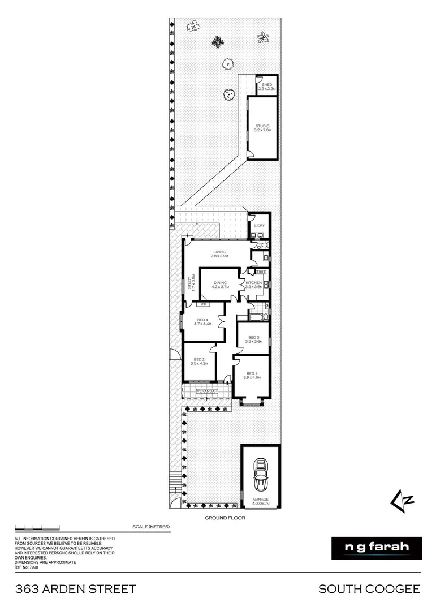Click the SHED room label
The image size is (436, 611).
tap(266, 84)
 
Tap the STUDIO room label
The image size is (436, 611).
tap(263, 126)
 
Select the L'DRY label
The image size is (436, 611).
tap(260, 226)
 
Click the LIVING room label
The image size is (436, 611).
tap(219, 252)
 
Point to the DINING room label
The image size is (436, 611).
tap(219, 283)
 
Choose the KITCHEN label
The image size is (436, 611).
tap(253, 282)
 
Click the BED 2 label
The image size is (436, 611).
tap(198, 360)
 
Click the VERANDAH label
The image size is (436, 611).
tap(208, 391)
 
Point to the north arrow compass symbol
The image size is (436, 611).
tap(403, 498)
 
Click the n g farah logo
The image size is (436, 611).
tap(377, 548)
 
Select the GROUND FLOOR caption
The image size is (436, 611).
tap(225, 518)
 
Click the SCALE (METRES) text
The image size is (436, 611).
tap(151, 527)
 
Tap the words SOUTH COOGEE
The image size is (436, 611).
tap(369, 589)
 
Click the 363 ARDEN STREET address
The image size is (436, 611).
tap(75, 589)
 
